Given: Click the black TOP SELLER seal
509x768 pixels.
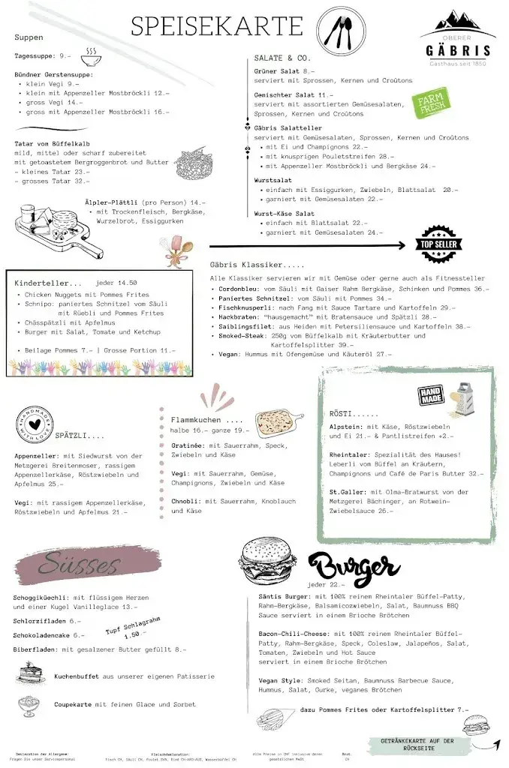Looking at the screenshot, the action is [x=440, y=244].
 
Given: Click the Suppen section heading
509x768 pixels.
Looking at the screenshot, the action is [x=29, y=37].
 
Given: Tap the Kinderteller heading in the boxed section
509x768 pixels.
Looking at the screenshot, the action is [x=47, y=283].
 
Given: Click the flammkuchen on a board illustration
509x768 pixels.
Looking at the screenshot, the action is [x=279, y=424].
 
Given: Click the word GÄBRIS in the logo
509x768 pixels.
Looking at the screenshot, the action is [x=455, y=51].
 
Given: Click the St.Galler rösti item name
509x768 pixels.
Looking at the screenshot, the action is [x=346, y=492].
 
